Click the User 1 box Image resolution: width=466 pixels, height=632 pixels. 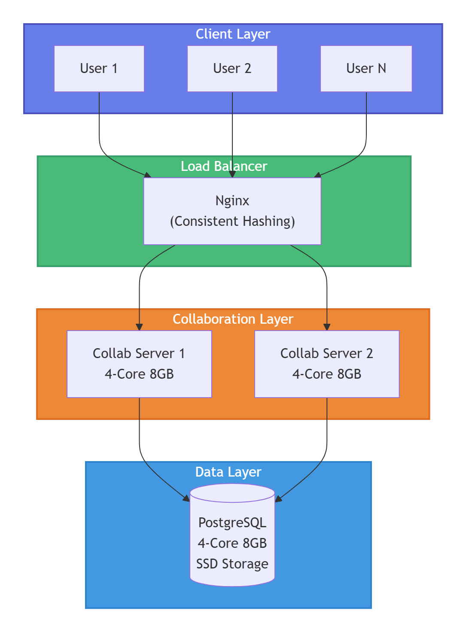click(99, 69)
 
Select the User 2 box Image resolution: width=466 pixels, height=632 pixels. click(232, 69)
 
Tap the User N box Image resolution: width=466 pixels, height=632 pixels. click(366, 69)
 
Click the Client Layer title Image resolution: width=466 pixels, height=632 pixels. click(233, 34)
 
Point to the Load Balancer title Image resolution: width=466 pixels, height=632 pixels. click(224, 166)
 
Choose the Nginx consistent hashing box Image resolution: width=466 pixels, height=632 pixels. click(232, 211)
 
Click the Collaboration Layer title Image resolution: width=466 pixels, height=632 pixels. click(233, 319)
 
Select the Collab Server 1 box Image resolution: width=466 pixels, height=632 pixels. click(139, 364)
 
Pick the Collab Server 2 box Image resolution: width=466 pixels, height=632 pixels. click(327, 364)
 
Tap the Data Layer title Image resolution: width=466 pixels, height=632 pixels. click(228, 472)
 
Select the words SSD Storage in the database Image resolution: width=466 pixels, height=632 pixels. click(232, 564)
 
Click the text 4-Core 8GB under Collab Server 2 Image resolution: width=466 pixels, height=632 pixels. click(327, 374)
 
